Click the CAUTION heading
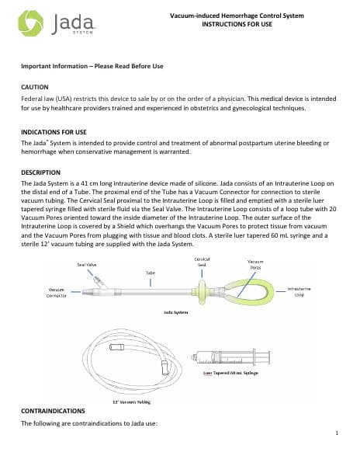pyautogui.click(x=36, y=88)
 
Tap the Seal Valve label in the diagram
pyautogui.click(x=86, y=264)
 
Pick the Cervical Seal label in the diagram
pyautogui.click(x=201, y=261)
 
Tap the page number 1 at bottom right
pyautogui.click(x=339, y=432)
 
